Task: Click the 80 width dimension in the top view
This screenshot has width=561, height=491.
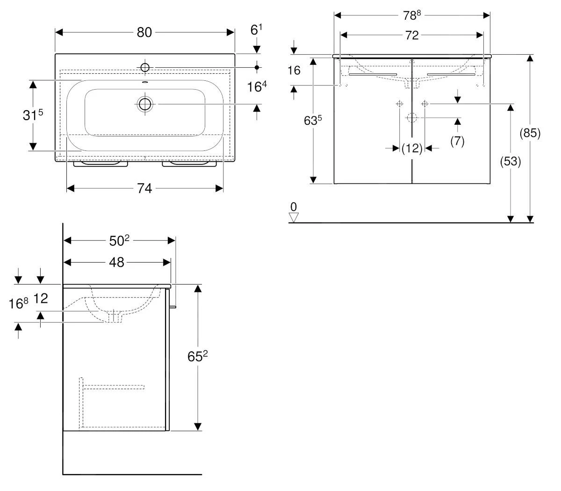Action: click(144, 32)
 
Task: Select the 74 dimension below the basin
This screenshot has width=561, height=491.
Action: click(144, 188)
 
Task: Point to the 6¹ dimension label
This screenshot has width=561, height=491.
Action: click(256, 31)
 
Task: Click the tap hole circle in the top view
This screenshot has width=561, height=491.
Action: click(144, 68)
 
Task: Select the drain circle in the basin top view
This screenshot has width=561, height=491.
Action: click(145, 104)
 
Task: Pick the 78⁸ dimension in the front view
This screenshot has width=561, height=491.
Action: click(412, 15)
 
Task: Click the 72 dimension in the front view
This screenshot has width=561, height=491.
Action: click(411, 36)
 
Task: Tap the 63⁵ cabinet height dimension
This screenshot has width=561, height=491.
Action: click(313, 121)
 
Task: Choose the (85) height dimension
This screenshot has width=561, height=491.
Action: click(530, 134)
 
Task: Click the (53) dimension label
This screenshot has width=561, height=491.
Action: click(511, 162)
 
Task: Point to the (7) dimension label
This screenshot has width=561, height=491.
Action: click(457, 141)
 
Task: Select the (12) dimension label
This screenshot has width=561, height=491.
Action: click(412, 148)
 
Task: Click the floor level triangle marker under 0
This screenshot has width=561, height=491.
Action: click(294, 217)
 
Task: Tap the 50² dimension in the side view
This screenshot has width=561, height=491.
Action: click(119, 241)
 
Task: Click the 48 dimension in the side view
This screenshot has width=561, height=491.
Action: click(116, 263)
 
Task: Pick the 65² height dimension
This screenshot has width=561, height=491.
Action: click(197, 357)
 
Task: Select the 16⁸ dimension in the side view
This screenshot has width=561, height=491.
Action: click(19, 304)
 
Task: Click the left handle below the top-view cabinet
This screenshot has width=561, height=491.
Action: click(101, 164)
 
